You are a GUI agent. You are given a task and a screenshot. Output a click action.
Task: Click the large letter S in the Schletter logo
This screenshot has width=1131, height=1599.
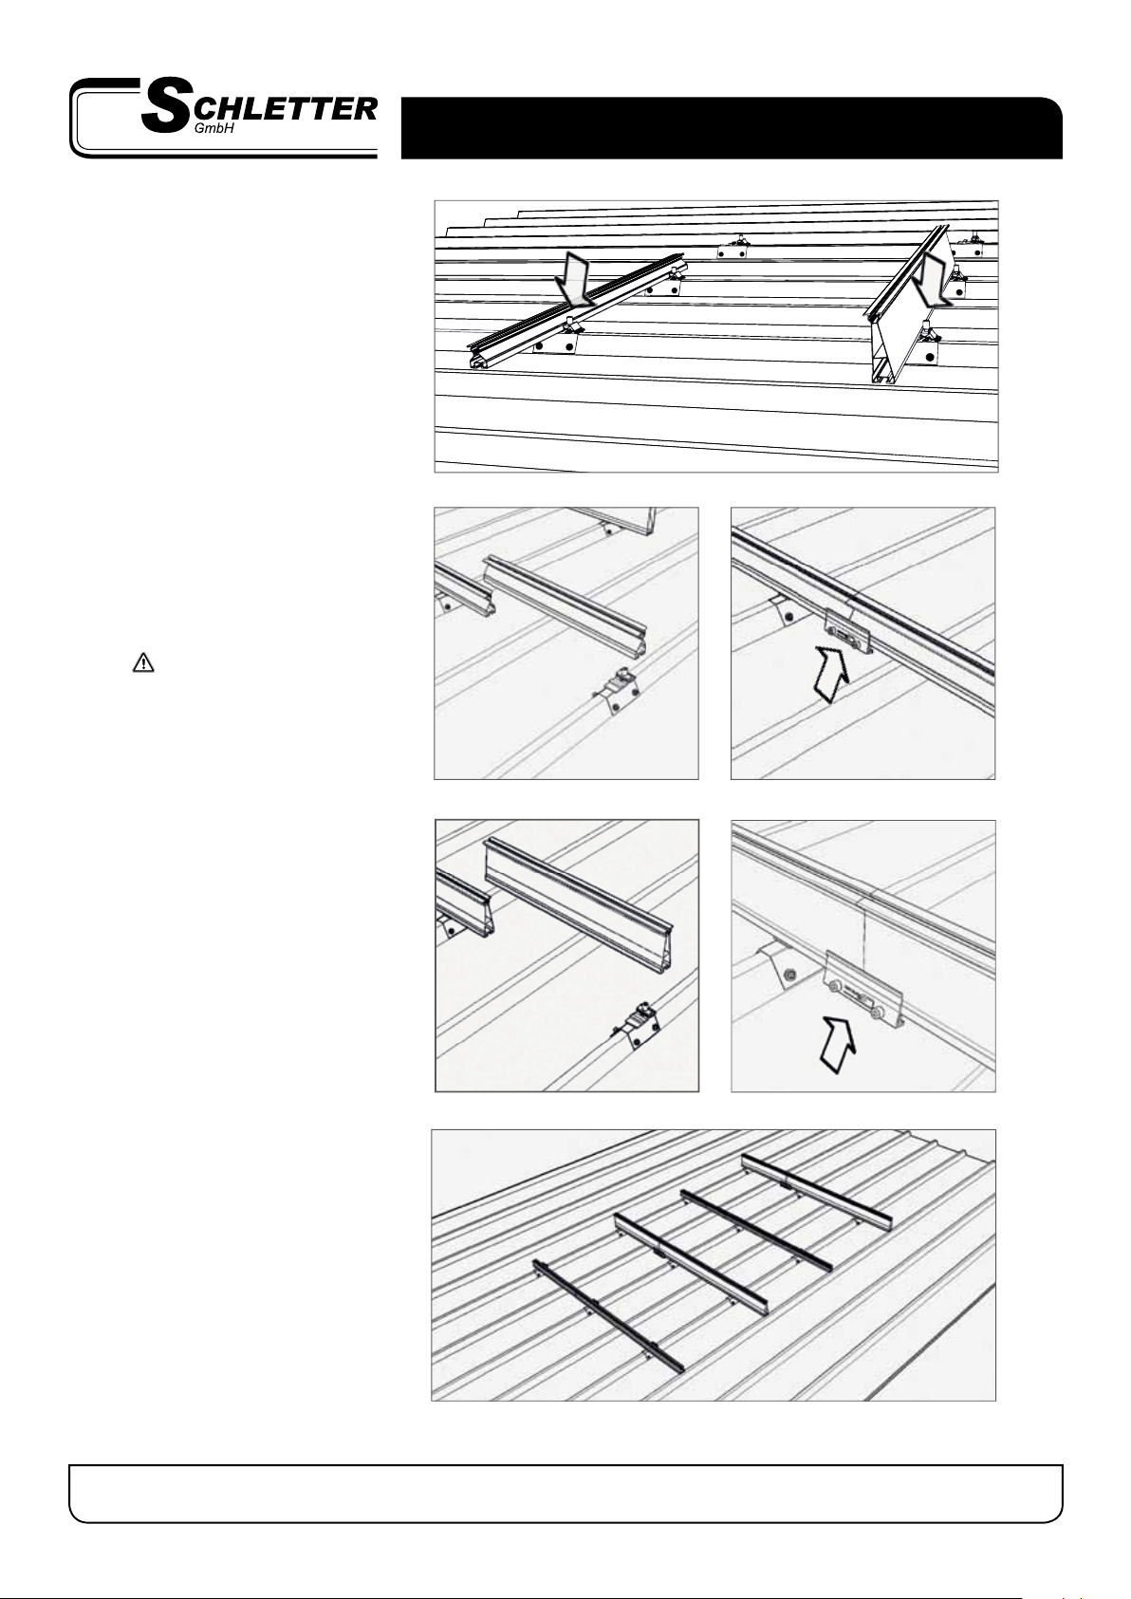click(x=165, y=108)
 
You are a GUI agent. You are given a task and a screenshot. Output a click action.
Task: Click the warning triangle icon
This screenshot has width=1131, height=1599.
click(x=143, y=662)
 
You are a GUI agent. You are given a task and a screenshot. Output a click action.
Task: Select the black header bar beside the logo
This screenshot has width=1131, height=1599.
click(x=732, y=128)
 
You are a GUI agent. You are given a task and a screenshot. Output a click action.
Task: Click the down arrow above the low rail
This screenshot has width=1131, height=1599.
click(x=577, y=278)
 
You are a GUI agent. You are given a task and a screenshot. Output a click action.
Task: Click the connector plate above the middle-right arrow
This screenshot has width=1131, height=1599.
click(x=848, y=630)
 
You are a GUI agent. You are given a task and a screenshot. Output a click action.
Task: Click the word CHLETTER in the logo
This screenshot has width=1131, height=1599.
click(x=285, y=109)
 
